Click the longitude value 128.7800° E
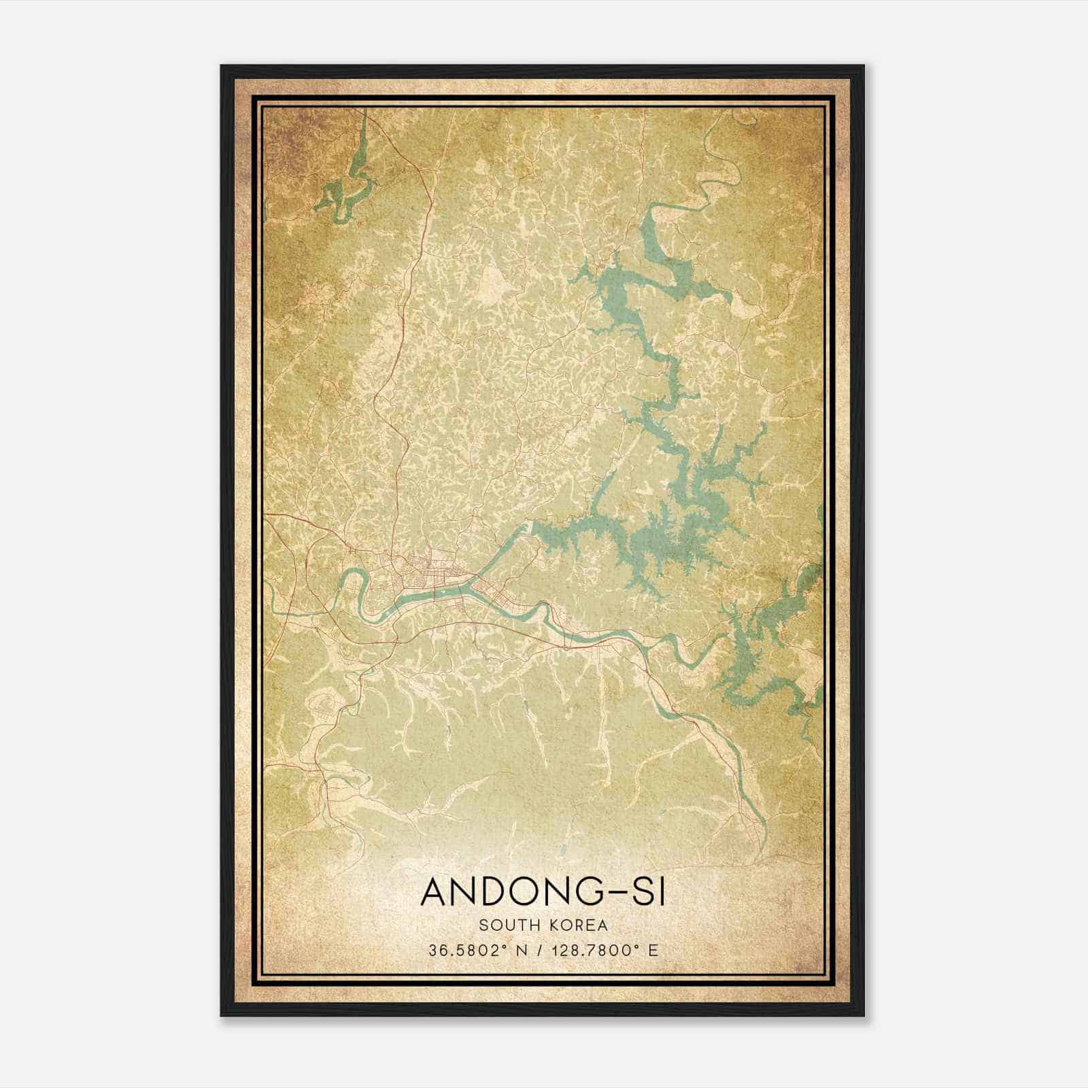click(x=604, y=951)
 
